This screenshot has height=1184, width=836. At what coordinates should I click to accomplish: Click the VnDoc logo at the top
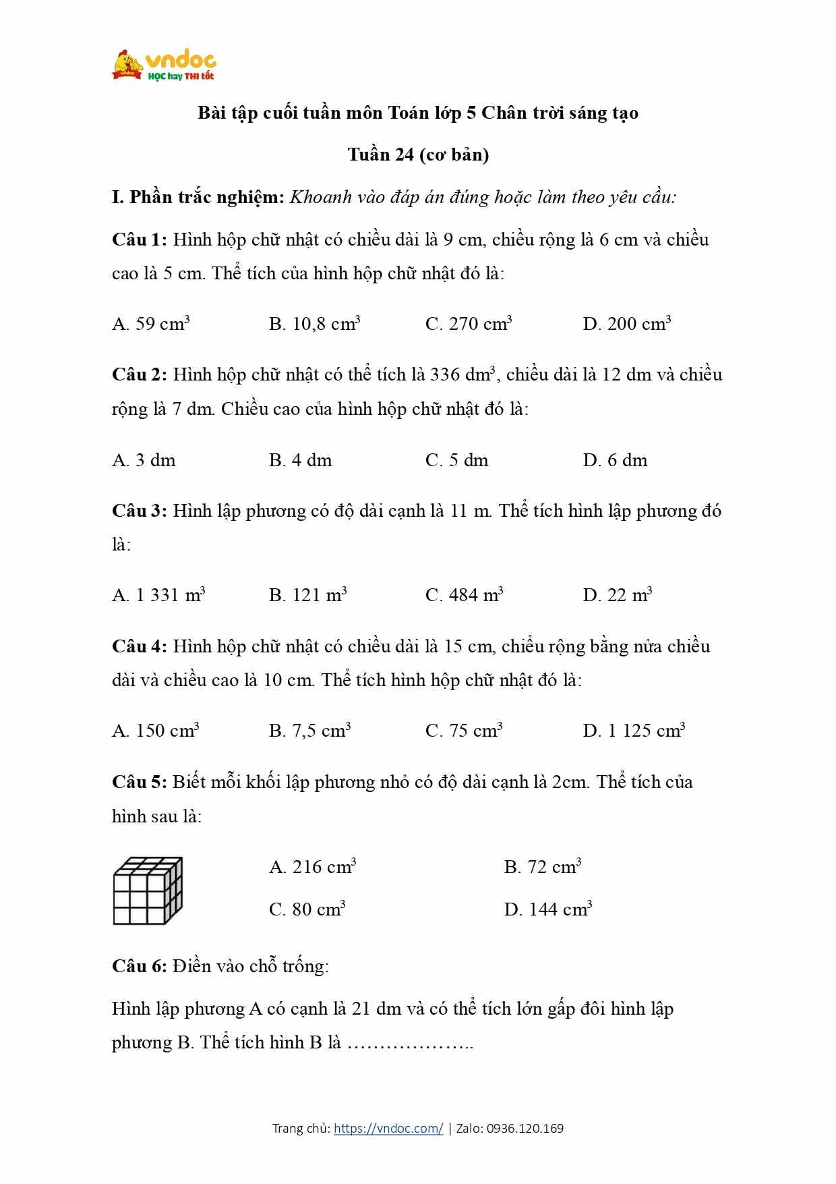pos(164,66)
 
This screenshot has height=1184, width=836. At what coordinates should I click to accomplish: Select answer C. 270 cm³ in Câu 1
pos(469,324)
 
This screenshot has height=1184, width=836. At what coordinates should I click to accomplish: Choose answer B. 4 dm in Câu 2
pos(300,460)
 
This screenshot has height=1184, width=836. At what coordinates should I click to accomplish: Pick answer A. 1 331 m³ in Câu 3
pos(158,595)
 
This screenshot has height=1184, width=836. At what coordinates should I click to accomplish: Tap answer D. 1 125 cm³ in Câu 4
pos(634,731)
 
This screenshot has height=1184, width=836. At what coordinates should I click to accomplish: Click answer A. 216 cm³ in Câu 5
pos(312,867)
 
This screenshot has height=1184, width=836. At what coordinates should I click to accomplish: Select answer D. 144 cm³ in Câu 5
pos(547,909)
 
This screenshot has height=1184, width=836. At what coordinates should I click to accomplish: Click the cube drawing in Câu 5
pos(148,891)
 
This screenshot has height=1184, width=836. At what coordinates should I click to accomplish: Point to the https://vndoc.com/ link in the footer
pos(388,1128)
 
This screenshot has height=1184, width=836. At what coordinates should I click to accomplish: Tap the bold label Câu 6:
pos(139,966)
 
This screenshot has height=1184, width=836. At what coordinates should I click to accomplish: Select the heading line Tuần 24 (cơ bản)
pos(418,154)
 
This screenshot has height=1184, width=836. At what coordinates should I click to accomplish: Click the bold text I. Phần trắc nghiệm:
pos(198,197)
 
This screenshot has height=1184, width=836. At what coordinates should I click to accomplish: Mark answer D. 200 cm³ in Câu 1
pos(626,324)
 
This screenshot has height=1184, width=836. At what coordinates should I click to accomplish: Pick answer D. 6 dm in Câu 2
pos(615,460)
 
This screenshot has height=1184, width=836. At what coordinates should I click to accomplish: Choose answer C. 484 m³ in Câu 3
pos(464,595)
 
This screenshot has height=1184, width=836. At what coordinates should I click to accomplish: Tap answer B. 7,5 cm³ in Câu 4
pos(309,731)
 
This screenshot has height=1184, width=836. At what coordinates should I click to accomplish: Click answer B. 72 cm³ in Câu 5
pos(542,867)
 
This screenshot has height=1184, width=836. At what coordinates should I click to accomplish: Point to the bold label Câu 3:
pos(139,511)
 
